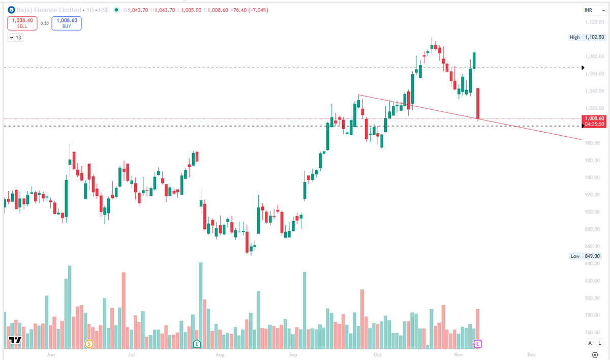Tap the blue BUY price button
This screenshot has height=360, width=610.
66,23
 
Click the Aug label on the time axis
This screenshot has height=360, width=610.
220,354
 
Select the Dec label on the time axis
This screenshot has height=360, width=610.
532,354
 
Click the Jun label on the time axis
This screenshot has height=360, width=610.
50,354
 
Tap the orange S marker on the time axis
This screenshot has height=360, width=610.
89,344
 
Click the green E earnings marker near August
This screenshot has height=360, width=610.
197,344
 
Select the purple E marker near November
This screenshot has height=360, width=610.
478,344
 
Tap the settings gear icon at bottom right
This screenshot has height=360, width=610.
595,354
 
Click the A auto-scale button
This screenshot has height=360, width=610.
590,344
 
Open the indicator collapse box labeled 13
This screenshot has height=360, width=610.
15,37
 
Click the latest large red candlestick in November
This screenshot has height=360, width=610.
478,104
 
